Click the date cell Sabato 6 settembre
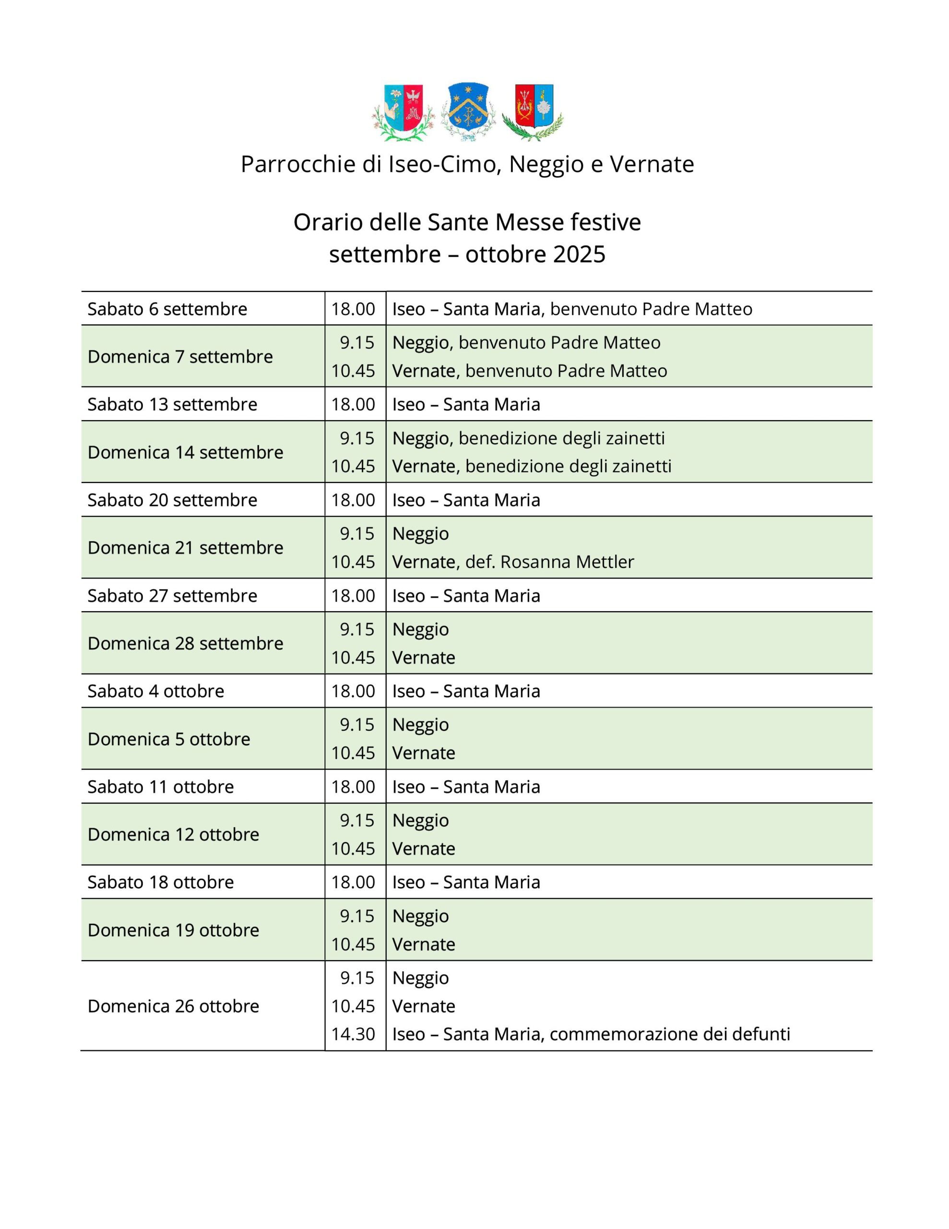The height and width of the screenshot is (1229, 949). coord(167,309)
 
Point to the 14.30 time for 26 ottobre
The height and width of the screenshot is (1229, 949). coord(353,1034)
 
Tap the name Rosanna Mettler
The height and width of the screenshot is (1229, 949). coord(567,562)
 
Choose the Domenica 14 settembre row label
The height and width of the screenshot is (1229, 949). coord(185,452)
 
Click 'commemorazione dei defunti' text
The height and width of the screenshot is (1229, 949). coord(670,1034)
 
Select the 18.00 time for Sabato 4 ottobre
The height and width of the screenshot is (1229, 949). coord(353,691)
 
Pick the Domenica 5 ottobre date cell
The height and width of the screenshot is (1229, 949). coord(169,739)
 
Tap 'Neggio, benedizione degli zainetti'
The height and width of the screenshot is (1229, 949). coord(528,438)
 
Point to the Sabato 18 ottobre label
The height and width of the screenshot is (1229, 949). coord(160,882)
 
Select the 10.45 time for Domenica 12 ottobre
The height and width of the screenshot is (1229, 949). coord(353,849)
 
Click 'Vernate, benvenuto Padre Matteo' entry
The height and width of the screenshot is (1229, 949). coord(529,371)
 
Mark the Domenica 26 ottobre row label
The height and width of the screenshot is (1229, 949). coord(173,1006)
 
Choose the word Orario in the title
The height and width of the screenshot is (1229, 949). coord(329,222)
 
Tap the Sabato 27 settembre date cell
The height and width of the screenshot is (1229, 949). coord(172,595)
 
